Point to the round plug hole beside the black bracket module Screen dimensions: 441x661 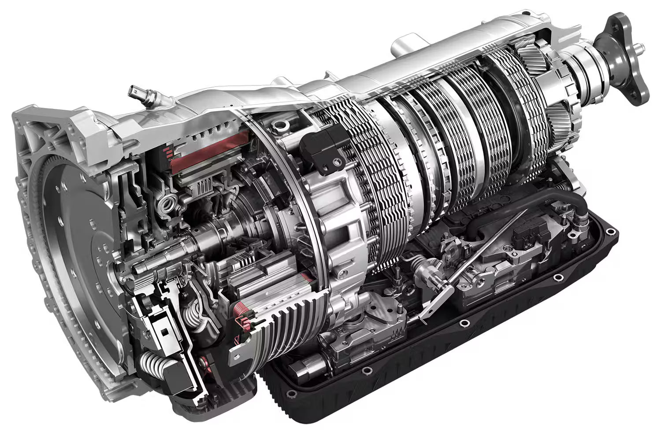[278, 127]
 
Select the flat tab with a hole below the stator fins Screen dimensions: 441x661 [240, 353]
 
